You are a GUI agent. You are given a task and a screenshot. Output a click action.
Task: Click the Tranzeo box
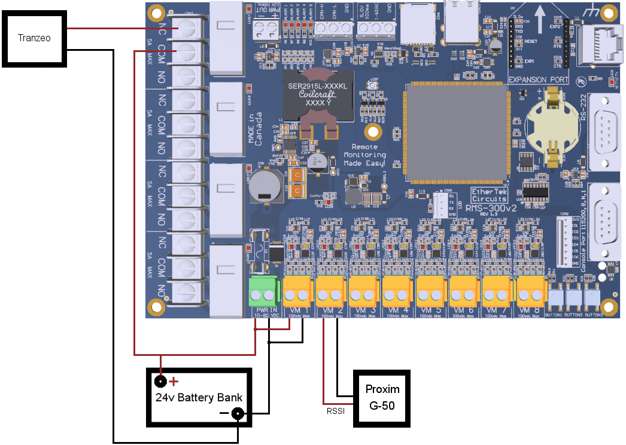[34, 38]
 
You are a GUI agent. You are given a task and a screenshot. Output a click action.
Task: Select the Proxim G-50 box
[382, 398]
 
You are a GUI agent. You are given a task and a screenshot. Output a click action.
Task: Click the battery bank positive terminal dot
[160, 381]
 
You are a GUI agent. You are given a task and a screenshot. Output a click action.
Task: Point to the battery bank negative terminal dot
[238, 413]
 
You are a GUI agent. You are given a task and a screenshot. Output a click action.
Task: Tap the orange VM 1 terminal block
[299, 292]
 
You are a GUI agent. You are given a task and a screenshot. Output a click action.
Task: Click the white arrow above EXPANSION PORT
[540, 13]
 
